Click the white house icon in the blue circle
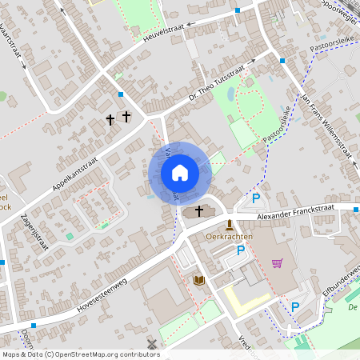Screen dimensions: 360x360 (x=179, y=172)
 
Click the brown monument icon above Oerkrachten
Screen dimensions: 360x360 (x=230, y=224)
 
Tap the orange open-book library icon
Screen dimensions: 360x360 (x=199, y=279)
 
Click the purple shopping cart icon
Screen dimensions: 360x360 (x=277, y=262)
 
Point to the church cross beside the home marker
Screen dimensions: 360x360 (x=199, y=210)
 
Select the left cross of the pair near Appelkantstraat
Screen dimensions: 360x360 (x=110, y=120)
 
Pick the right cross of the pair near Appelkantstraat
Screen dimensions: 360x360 (x=126, y=117)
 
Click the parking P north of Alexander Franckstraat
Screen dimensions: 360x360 (x=256, y=198)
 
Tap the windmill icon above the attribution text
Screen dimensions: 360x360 (x=150, y=343)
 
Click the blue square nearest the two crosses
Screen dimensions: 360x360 (x=121, y=94)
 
